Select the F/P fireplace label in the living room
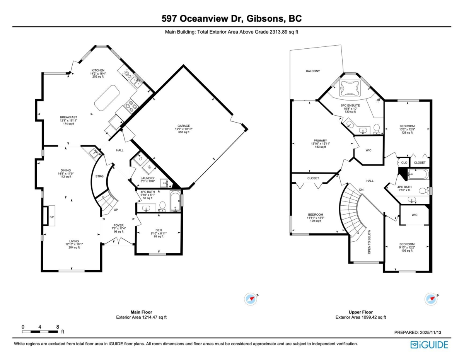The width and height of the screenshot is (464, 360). coord(52,217)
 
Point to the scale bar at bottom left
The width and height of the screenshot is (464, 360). coord(40,331)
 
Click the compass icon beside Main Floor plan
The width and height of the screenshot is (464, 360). coord(251,299)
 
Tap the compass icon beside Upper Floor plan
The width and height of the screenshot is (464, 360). coord(431,299)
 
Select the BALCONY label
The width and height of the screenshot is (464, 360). coord(313,71)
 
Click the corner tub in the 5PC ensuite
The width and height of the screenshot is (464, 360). coord(350,88)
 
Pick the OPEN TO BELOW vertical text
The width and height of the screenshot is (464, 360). coord(370,242)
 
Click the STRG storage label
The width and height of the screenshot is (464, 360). coord(99,176)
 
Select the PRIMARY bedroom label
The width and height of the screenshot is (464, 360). coord(321,141)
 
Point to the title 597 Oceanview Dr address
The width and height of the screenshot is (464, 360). coord(232,19)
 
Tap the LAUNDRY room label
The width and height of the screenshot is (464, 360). coord(147,178)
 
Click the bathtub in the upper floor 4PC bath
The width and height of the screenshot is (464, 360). coord(418,174)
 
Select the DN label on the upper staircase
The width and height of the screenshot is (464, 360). coord(361,190)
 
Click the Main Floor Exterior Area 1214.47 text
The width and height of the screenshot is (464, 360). coord(141,317)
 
